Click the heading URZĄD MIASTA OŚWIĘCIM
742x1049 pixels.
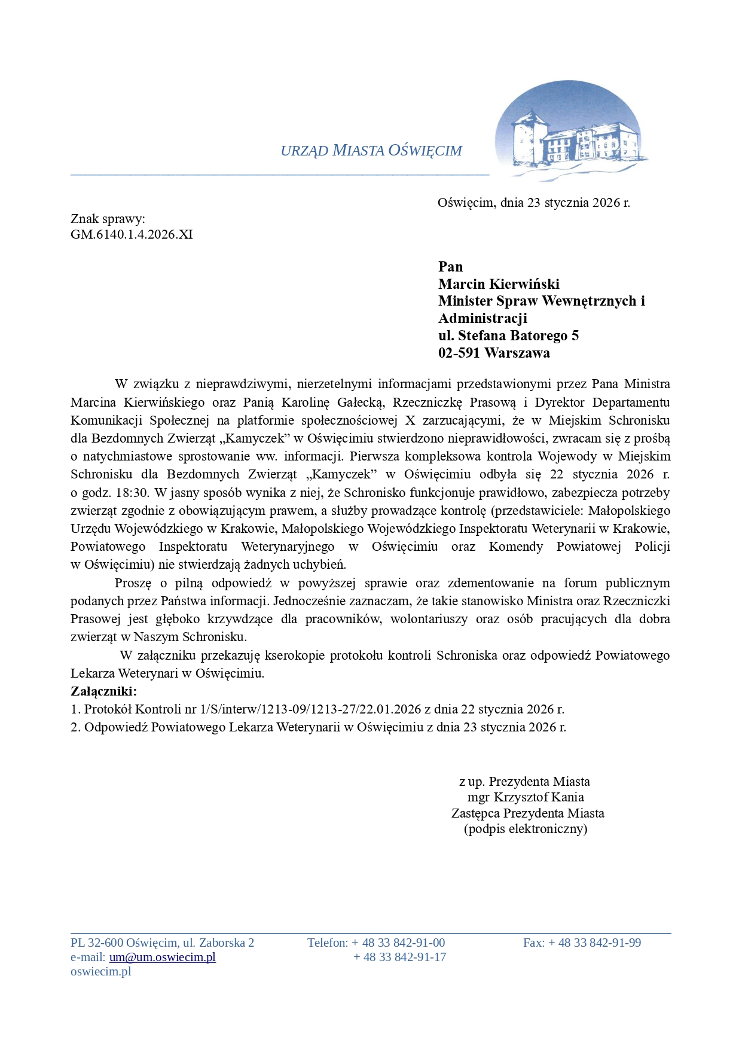pyautogui.click(x=371, y=151)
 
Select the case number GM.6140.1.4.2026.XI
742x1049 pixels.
pyautogui.click(x=132, y=234)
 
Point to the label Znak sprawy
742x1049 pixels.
pyautogui.click(x=108, y=219)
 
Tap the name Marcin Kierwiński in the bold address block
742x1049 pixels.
pyautogui.click(x=499, y=284)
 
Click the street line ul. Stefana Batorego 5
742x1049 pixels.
pyautogui.click(x=508, y=336)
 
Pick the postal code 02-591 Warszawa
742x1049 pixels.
pyautogui.click(x=494, y=353)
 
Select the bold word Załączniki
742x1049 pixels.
pyautogui.click(x=103, y=691)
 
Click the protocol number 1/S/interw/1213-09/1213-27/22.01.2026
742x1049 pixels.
pyautogui.click(x=311, y=709)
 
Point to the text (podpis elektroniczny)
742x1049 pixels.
pyautogui.click(x=526, y=829)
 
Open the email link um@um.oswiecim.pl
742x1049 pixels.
pyautogui.click(x=162, y=957)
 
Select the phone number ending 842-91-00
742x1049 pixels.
pyautogui.click(x=398, y=943)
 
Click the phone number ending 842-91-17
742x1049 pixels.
pyautogui.click(x=399, y=957)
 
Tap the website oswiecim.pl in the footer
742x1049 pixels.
pyautogui.click(x=100, y=971)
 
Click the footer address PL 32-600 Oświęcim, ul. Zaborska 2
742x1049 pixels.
pyautogui.click(x=162, y=943)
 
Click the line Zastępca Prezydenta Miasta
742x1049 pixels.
pyautogui.click(x=527, y=813)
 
